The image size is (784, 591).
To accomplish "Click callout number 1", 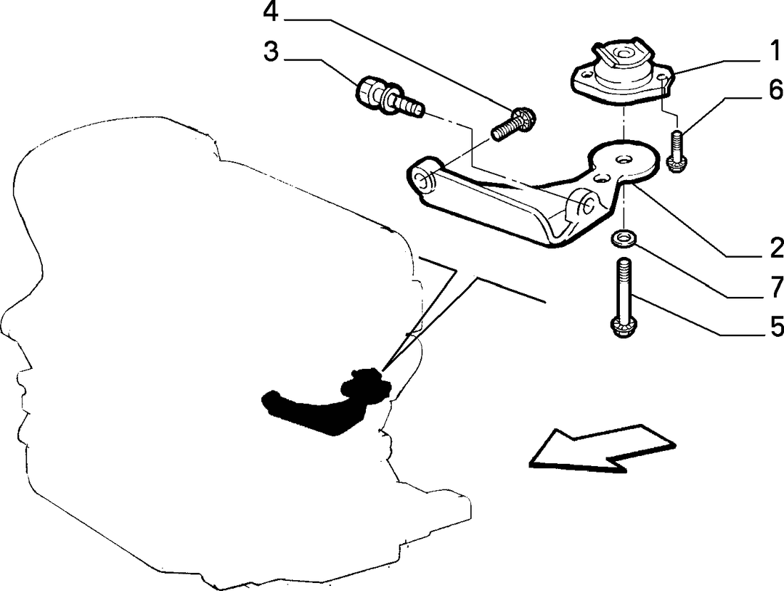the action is (774, 52).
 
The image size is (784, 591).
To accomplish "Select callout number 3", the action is (271, 52).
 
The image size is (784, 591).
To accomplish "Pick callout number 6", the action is (776, 91).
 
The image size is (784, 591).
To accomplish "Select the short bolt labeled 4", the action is (514, 123).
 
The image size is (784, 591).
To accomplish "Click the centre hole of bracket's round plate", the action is (623, 159).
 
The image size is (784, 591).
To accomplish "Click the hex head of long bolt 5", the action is (623, 328).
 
